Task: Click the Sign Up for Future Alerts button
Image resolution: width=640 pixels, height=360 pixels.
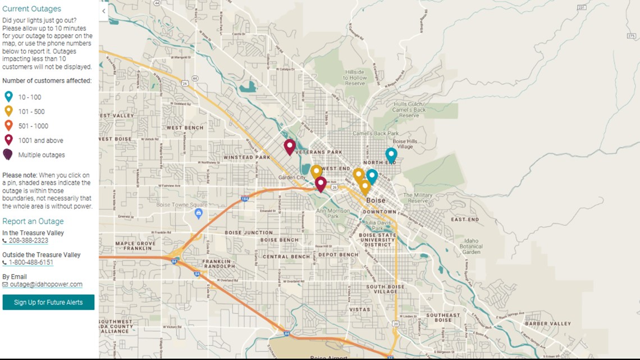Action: [48, 302]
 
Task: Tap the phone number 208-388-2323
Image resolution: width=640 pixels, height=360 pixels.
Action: [28, 240]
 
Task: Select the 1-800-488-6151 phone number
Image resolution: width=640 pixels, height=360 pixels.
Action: [31, 262]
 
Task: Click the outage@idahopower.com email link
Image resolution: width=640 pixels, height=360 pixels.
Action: [46, 284]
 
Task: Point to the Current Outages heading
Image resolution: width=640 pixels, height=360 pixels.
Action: [31, 9]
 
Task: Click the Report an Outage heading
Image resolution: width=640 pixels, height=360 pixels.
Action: [33, 221]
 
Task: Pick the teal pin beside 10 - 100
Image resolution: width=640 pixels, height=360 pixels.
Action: [8, 97]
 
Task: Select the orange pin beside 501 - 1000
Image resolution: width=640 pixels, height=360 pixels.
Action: [8, 125]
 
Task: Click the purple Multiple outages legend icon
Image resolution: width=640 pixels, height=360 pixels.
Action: [8, 154]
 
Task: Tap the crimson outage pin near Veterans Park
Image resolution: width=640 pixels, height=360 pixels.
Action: [290, 147]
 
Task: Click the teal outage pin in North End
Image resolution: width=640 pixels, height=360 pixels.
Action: [391, 154]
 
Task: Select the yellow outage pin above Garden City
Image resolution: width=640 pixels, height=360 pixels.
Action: [317, 171]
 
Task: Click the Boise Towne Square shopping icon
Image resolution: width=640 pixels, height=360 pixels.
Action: [198, 213]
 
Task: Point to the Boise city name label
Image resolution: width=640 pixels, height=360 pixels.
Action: [376, 200]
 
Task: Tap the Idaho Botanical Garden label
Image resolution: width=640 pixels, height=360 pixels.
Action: [470, 246]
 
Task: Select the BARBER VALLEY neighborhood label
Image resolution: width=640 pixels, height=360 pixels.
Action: [548, 323]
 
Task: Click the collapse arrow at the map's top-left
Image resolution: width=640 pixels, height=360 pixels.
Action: [104, 11]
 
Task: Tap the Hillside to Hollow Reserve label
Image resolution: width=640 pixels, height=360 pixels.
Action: [355, 78]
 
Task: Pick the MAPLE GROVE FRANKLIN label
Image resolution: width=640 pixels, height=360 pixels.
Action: [135, 245]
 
